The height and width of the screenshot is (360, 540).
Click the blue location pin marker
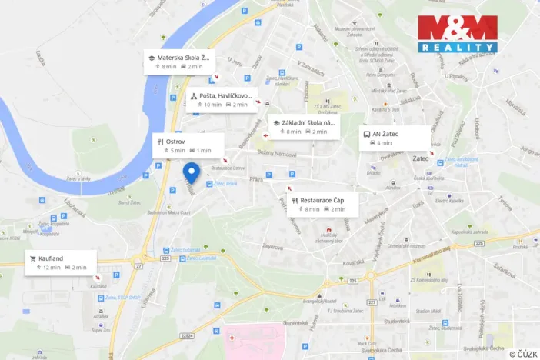194,173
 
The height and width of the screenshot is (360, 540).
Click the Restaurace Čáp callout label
322,200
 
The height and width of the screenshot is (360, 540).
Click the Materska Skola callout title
182,58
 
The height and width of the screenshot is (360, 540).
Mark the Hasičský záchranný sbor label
328,239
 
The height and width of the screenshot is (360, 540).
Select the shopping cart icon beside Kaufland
34,258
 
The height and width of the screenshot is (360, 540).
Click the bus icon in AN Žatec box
367,133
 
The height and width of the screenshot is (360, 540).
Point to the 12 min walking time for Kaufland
51,268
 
